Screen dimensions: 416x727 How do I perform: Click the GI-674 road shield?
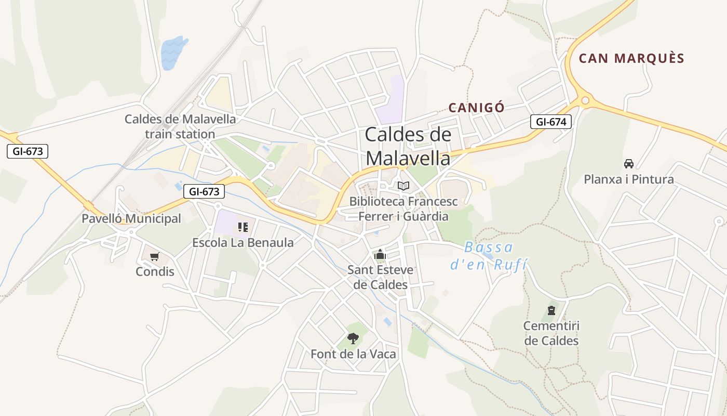(550, 122)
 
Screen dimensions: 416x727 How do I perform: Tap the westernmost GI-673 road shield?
(28, 151)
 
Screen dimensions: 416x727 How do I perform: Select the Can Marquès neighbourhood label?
(631, 58)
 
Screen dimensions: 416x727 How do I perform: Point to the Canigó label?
(476, 108)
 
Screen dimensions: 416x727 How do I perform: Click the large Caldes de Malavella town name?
(408, 146)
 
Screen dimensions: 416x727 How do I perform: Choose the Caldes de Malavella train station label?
(180, 126)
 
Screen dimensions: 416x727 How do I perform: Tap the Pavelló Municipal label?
(131, 218)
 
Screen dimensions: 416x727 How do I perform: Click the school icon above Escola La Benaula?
(243, 227)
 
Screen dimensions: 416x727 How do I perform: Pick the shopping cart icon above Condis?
(154, 256)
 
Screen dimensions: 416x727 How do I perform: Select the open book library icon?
(403, 186)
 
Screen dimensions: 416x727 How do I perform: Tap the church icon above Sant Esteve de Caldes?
(380, 255)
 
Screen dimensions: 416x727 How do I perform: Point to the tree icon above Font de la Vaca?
(353, 339)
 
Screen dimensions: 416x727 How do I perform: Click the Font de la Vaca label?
(353, 354)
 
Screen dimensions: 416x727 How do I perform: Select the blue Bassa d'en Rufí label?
(488, 255)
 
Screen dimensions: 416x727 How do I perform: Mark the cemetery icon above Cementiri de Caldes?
(551, 311)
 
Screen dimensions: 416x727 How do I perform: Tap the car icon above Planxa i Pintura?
(629, 164)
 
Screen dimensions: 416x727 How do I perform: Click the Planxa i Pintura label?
(629, 179)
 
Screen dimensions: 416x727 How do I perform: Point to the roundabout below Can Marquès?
(585, 100)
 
